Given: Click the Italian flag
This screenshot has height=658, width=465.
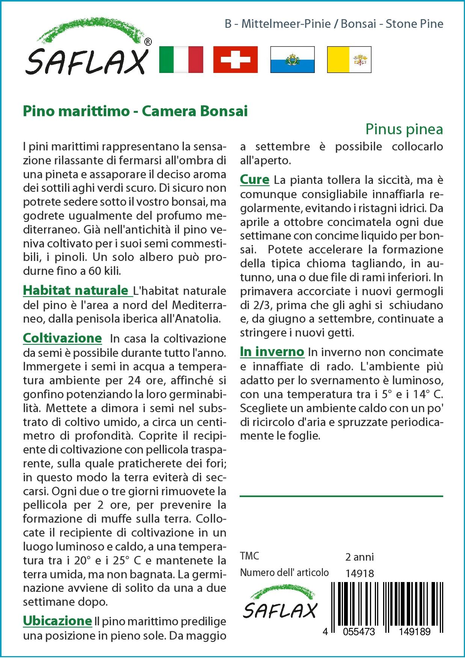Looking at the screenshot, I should click(x=181, y=59).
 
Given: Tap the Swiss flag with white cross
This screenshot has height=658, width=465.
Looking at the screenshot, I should click(x=236, y=59).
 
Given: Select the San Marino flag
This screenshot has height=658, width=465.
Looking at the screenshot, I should click(x=292, y=59).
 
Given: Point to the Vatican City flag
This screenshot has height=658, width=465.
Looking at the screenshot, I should click(x=349, y=59).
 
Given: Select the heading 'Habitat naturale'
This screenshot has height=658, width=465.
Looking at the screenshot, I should click(x=75, y=290).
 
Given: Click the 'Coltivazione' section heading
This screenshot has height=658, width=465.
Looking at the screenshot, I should click(x=62, y=338).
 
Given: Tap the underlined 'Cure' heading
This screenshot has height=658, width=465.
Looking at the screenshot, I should click(x=255, y=180).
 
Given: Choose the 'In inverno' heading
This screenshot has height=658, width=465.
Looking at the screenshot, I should click(x=272, y=352).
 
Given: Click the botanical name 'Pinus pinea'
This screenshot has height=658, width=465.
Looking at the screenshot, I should click(x=404, y=129).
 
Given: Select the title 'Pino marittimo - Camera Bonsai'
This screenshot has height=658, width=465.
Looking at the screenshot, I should click(x=135, y=111).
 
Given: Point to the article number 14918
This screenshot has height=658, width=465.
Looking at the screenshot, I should click(x=359, y=573).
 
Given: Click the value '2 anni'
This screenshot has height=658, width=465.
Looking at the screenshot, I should click(x=359, y=556).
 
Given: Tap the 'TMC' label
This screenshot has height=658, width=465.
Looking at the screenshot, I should click(x=250, y=556).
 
